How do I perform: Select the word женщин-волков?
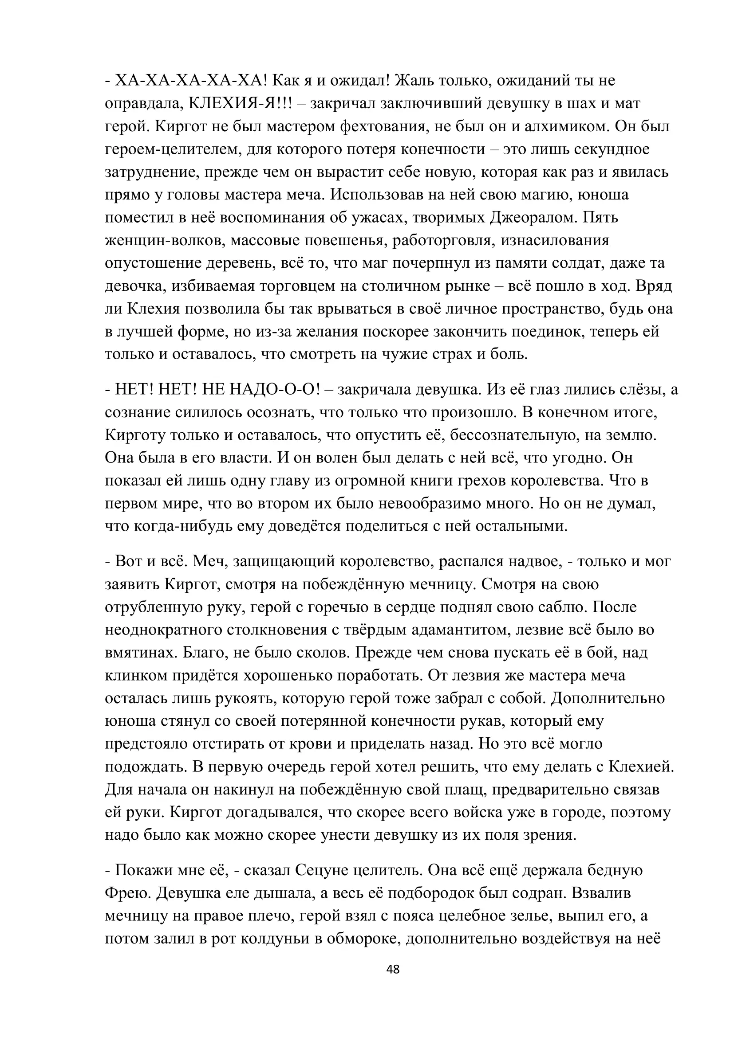coord(165,240)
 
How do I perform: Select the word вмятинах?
coord(142,652)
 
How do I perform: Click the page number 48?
coord(393,969)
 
